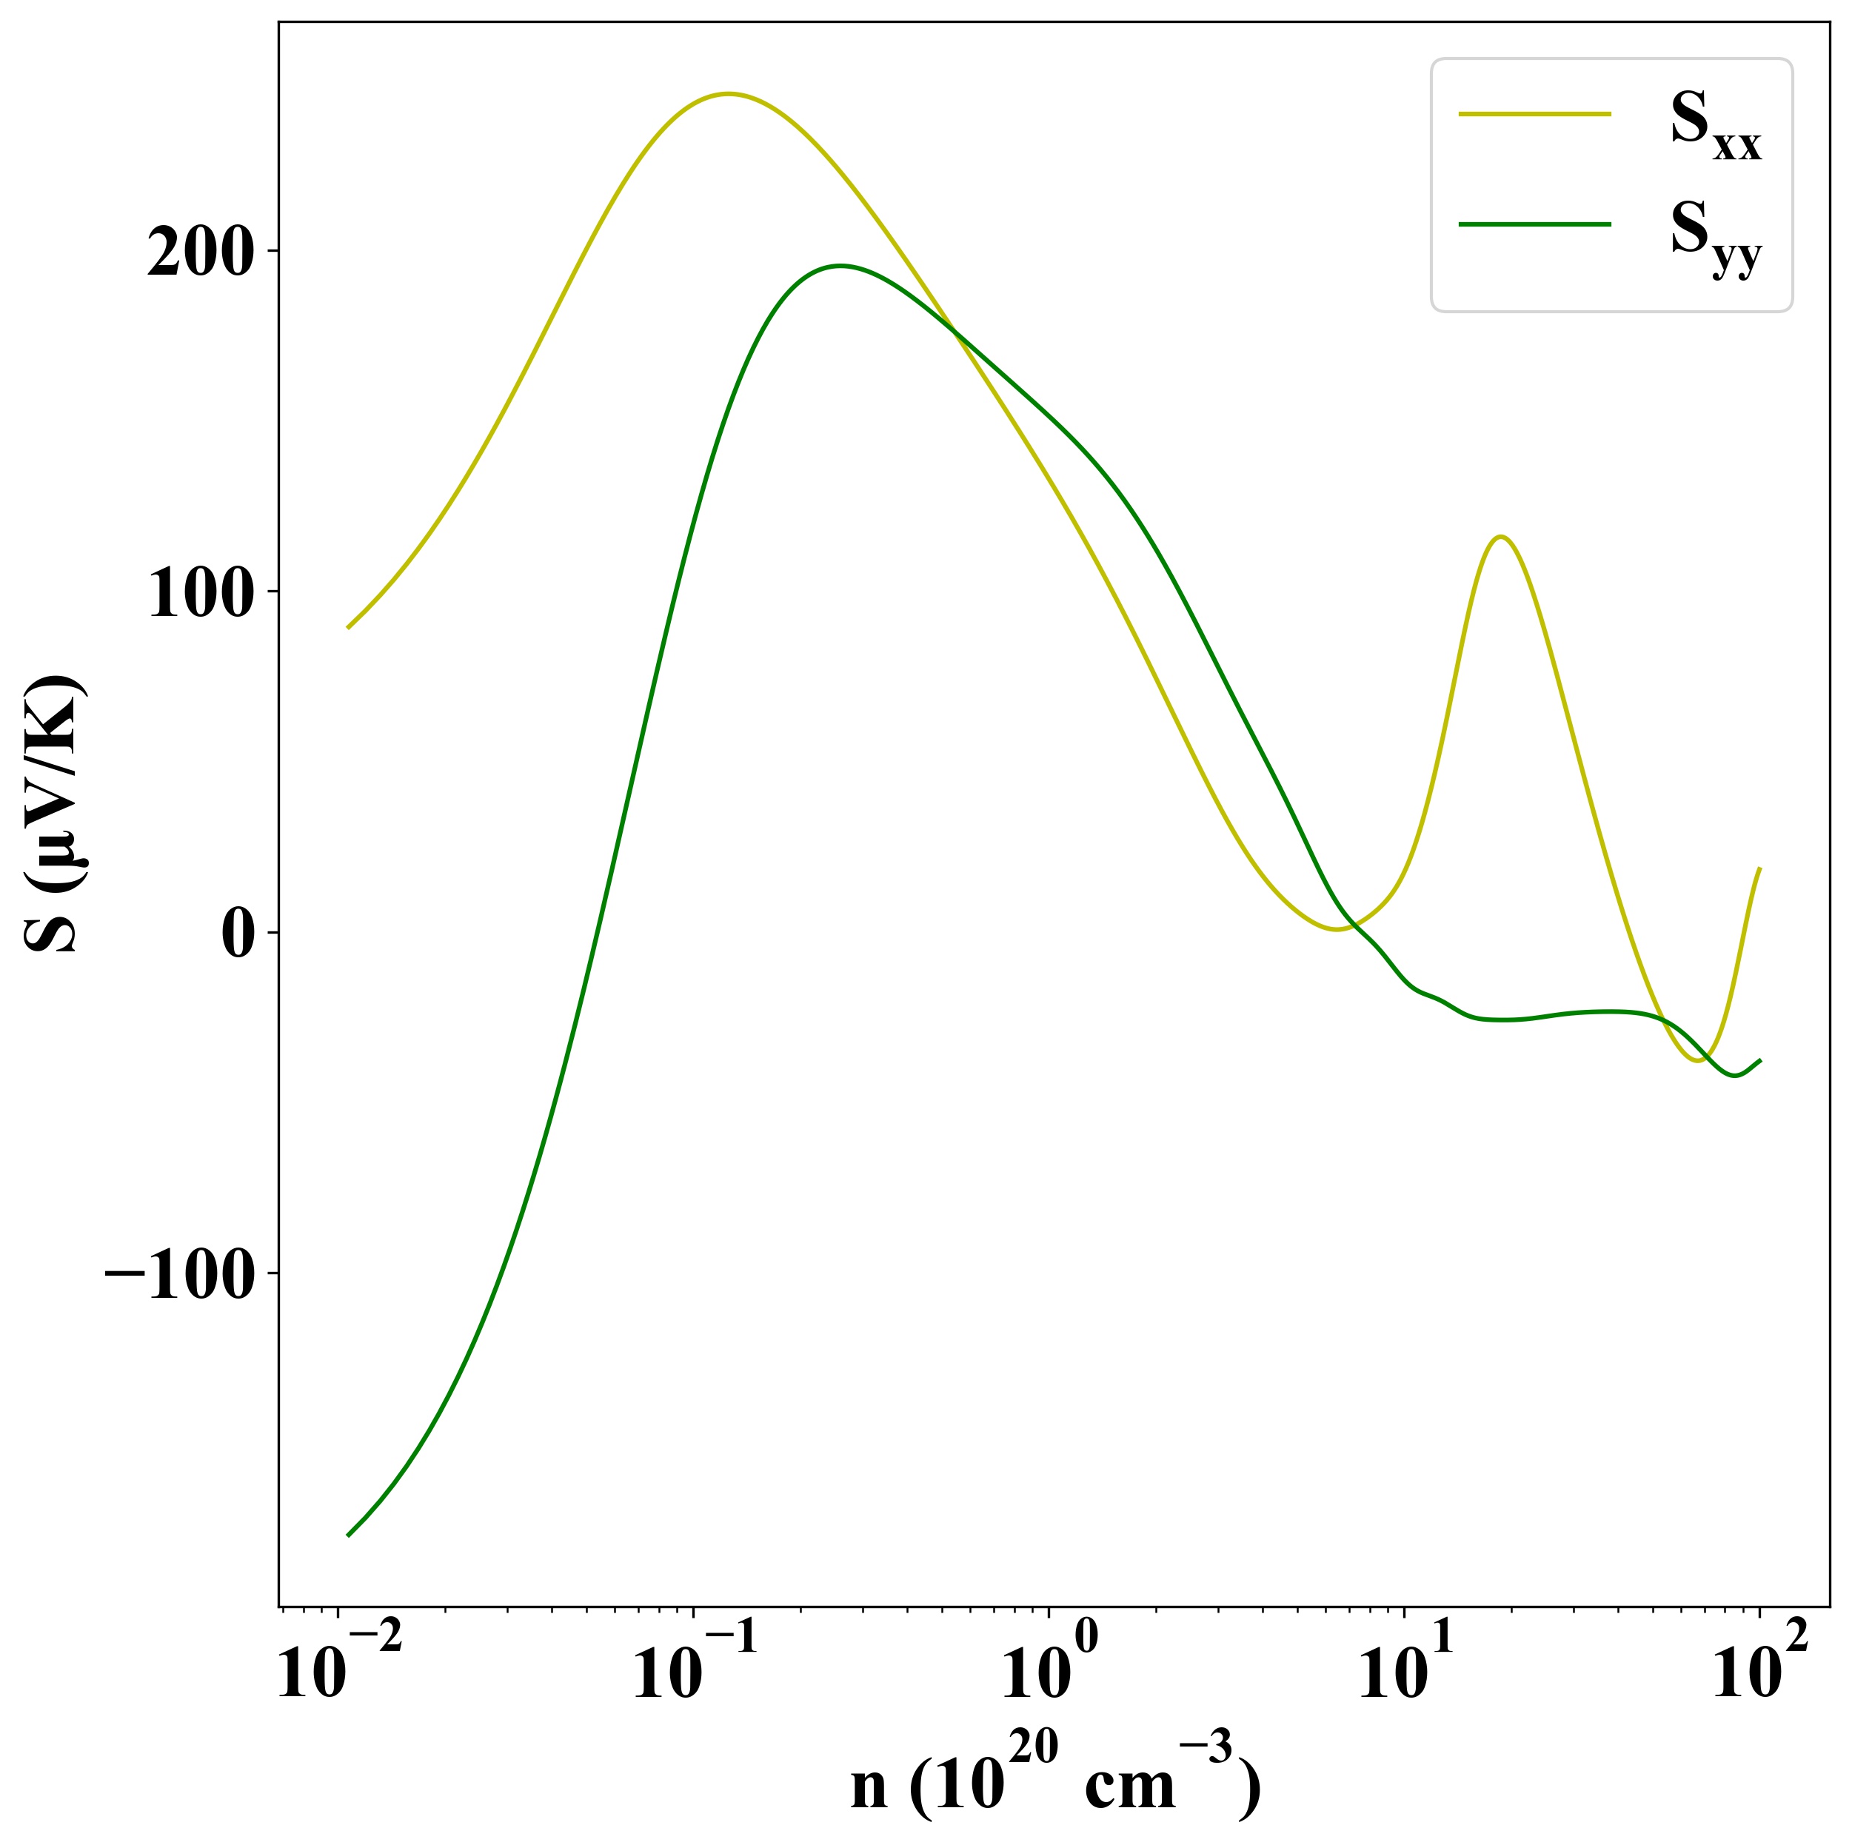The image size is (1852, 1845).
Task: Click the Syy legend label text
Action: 1715,237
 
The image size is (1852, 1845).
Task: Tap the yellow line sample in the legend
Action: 1534,114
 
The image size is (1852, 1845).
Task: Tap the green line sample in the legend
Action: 1534,224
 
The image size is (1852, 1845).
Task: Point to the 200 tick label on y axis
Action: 199,254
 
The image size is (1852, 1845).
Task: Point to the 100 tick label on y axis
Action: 199,595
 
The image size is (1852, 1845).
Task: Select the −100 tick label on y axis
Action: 180,1276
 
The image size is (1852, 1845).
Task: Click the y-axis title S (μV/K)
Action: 55,814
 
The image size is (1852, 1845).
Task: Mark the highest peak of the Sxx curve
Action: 729,94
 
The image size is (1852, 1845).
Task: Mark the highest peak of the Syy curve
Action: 840,266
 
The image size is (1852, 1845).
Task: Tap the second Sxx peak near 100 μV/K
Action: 1500,537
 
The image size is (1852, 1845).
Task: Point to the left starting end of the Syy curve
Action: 348,1536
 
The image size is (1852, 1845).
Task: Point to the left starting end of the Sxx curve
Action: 348,628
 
